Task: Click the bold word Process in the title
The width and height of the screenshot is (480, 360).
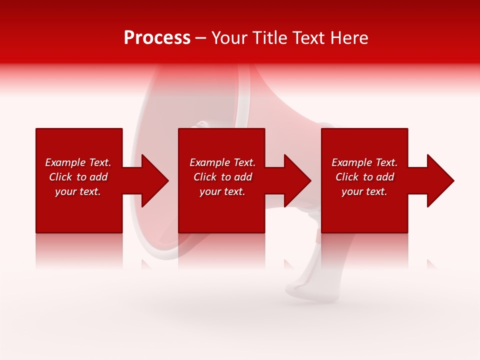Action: (x=157, y=38)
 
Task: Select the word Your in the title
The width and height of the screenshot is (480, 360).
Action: (x=230, y=38)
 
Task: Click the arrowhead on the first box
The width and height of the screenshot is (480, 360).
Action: (x=155, y=180)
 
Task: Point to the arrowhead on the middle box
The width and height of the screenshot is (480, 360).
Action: (x=297, y=180)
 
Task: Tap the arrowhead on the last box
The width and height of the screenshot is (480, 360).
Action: (x=440, y=180)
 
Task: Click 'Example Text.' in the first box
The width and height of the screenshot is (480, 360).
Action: (x=78, y=162)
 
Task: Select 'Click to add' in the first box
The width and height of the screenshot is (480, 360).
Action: (x=78, y=177)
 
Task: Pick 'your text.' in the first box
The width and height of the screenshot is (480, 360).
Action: (x=78, y=191)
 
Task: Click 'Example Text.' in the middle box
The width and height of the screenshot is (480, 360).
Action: (x=222, y=162)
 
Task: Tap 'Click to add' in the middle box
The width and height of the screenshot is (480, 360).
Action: (x=222, y=177)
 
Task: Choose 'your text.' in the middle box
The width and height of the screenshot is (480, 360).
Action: (x=222, y=191)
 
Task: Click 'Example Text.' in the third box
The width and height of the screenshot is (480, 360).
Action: (x=364, y=162)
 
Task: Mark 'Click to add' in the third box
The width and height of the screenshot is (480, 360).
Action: (x=364, y=177)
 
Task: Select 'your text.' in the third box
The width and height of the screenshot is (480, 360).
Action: (x=364, y=191)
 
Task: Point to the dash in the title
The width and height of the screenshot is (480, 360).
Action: (x=201, y=38)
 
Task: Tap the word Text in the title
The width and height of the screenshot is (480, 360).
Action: (x=309, y=38)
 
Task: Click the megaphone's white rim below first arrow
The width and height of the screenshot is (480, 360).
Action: (x=150, y=235)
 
